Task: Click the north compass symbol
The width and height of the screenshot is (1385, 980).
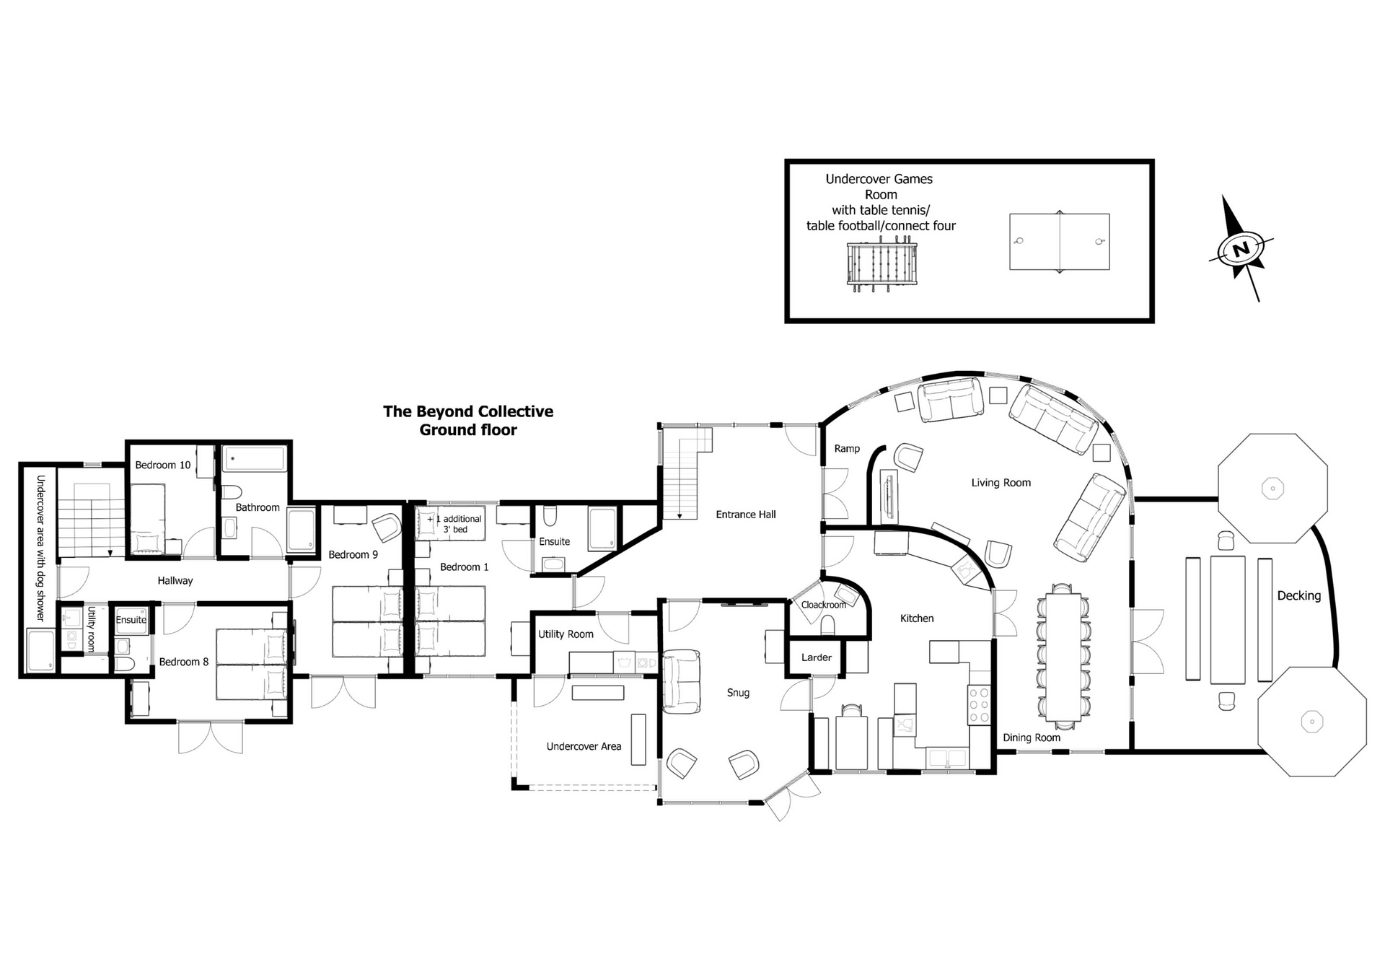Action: point(1241,248)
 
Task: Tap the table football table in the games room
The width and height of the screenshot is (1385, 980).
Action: point(881,266)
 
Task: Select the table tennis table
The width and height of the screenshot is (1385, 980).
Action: point(1059,241)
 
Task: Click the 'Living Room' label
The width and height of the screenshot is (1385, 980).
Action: point(1001,483)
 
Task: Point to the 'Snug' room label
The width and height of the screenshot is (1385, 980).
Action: point(738,693)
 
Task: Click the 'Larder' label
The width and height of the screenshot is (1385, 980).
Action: point(817,657)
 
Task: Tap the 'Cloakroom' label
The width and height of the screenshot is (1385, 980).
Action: point(824,605)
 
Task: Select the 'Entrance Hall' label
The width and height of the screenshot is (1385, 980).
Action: point(746,515)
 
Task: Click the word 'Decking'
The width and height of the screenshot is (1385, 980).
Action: point(1299,596)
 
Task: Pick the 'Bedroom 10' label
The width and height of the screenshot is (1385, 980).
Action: point(163,465)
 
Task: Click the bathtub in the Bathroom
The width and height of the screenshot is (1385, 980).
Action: point(255,459)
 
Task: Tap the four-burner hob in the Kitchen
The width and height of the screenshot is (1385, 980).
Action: point(979,704)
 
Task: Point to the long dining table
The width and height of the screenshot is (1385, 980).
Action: point(1063,657)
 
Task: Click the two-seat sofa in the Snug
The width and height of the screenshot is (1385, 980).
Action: point(681,681)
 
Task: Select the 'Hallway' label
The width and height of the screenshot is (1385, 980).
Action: point(175,581)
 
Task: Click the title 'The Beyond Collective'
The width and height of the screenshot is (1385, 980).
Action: point(468,411)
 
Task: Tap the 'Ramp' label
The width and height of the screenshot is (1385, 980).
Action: point(847,449)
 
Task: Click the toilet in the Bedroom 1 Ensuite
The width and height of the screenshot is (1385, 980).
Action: point(550,516)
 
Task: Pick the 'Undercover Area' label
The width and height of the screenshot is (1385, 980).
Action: point(584,746)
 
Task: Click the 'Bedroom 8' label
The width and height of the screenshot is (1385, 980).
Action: point(184,662)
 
